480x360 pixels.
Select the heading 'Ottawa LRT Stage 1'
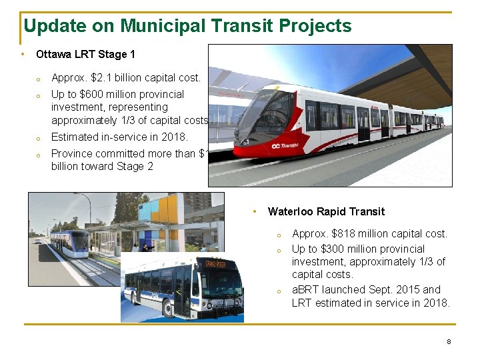[x=85, y=54]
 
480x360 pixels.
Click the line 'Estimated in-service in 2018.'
[x=119, y=137]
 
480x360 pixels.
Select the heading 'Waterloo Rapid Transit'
[x=326, y=211]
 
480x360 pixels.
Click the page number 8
[x=449, y=341]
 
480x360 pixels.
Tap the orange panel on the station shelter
[x=167, y=208]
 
